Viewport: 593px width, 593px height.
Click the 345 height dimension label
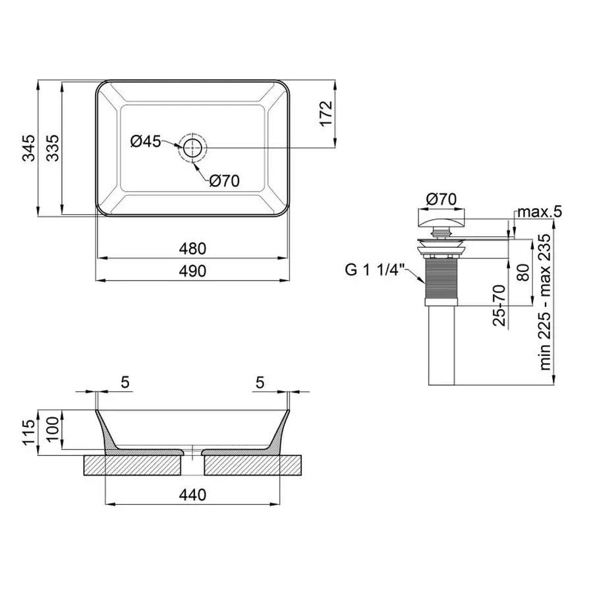pos(29,148)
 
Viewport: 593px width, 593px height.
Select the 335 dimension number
pos(53,148)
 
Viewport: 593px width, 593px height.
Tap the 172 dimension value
pos(325,113)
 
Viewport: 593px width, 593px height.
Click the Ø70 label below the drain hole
pos(225,181)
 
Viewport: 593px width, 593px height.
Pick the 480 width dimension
pos(192,248)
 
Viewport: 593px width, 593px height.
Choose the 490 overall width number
pos(192,271)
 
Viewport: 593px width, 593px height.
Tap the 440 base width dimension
pos(192,495)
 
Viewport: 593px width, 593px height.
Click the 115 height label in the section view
pos(29,432)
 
